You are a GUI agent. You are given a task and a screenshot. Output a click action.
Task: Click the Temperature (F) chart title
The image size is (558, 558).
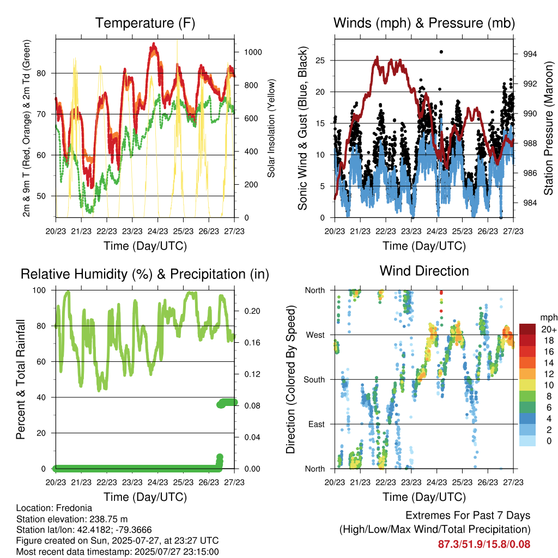145,23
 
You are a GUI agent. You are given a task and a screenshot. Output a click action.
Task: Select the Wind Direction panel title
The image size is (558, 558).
424,271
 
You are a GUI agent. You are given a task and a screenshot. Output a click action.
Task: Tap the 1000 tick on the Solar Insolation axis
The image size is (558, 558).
253,52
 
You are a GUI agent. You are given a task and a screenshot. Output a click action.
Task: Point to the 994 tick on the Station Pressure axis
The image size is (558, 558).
530,54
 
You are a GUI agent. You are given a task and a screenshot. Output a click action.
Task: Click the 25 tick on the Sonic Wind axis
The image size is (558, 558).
320,60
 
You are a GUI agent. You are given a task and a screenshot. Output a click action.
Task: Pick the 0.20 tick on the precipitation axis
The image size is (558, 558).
252,311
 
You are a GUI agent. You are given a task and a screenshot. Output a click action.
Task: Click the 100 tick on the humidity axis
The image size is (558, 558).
39,290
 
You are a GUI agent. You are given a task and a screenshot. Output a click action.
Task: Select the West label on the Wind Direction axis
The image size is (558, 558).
316,335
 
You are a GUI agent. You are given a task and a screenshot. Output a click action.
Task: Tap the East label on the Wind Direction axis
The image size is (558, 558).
317,424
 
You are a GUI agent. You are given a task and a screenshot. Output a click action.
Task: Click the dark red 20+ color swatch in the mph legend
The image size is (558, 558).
527,329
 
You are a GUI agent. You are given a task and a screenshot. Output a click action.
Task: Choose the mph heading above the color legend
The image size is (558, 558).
549,318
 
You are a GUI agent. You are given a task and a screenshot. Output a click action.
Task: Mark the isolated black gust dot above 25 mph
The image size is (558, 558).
441,52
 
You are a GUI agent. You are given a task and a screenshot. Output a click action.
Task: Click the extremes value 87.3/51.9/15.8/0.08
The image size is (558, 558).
484,544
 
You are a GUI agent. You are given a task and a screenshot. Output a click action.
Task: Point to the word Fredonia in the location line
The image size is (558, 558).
74,508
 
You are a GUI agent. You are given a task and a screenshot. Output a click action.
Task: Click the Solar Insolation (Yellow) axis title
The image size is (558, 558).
271,128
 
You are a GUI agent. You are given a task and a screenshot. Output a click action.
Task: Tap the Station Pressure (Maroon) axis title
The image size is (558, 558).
548,128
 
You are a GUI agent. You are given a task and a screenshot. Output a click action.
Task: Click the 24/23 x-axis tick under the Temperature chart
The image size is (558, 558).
157,231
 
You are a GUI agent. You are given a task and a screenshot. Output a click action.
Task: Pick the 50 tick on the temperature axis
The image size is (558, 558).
41,196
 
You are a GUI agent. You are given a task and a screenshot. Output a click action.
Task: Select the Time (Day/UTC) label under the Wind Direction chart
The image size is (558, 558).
424,497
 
